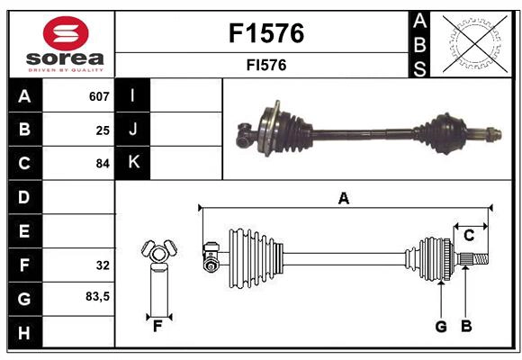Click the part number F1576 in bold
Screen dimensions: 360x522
[266, 33]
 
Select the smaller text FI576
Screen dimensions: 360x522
[266, 65]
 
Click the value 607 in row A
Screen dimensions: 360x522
[99, 96]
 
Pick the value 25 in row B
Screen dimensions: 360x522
[103, 130]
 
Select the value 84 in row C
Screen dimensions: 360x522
[103, 164]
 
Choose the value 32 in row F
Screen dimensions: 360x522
[103, 265]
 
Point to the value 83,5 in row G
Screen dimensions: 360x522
[98, 296]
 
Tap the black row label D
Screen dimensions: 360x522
[24, 197]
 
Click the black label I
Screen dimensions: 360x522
[134, 96]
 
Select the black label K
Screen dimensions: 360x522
[134, 163]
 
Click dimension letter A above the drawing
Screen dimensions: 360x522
[343, 198]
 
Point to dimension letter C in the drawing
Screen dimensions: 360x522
[469, 236]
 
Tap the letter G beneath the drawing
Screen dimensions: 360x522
[441, 327]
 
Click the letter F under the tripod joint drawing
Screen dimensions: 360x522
[157, 326]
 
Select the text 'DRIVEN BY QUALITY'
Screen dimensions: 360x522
[66, 68]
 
